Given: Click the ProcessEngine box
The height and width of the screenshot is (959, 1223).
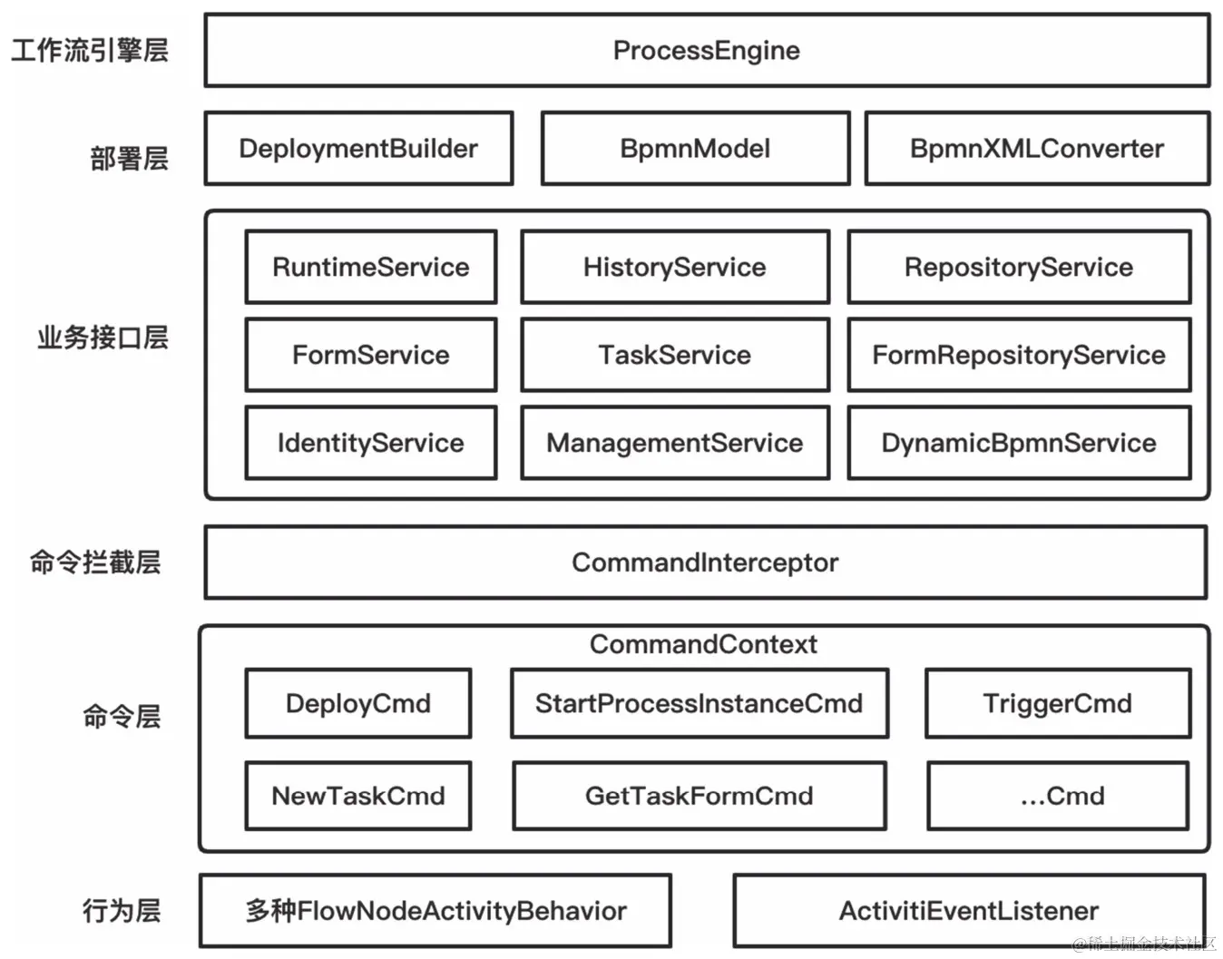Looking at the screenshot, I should click(x=707, y=51).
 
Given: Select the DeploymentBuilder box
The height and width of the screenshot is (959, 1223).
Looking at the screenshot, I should click(x=358, y=149).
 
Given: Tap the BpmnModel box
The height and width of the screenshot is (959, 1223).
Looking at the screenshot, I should click(x=695, y=149).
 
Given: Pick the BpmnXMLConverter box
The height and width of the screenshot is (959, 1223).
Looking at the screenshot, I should click(x=1037, y=149).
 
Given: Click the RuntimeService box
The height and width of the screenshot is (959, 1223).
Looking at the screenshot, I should click(x=371, y=267).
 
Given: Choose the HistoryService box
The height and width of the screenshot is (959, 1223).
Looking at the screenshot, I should click(x=675, y=267).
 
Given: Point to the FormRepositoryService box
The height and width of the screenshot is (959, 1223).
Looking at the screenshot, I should click(x=1019, y=355).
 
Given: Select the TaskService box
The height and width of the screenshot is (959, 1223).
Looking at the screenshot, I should click(x=675, y=355).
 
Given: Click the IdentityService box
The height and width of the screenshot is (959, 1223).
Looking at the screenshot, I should click(x=371, y=443).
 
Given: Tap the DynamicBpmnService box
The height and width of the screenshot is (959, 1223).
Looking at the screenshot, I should click(x=1019, y=443).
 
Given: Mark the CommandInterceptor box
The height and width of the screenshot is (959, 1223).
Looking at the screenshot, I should click(x=705, y=563).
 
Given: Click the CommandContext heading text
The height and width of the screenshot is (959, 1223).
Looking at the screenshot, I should click(x=703, y=644).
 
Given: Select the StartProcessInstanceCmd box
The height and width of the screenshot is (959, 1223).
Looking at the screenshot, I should click(x=699, y=703).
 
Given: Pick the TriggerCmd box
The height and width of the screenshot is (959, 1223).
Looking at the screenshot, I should click(x=1058, y=703).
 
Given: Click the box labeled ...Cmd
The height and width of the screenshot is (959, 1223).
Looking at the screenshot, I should click(x=1058, y=796).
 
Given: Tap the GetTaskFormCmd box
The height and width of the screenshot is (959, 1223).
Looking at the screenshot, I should click(x=699, y=796).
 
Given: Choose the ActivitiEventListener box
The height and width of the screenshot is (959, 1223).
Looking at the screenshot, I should click(x=969, y=911).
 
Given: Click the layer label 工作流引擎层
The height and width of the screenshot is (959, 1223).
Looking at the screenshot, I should click(x=90, y=50).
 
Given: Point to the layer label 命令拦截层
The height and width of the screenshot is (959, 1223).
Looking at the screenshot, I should click(x=95, y=563).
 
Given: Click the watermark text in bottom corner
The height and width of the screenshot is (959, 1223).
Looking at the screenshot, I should click(x=1145, y=944).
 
